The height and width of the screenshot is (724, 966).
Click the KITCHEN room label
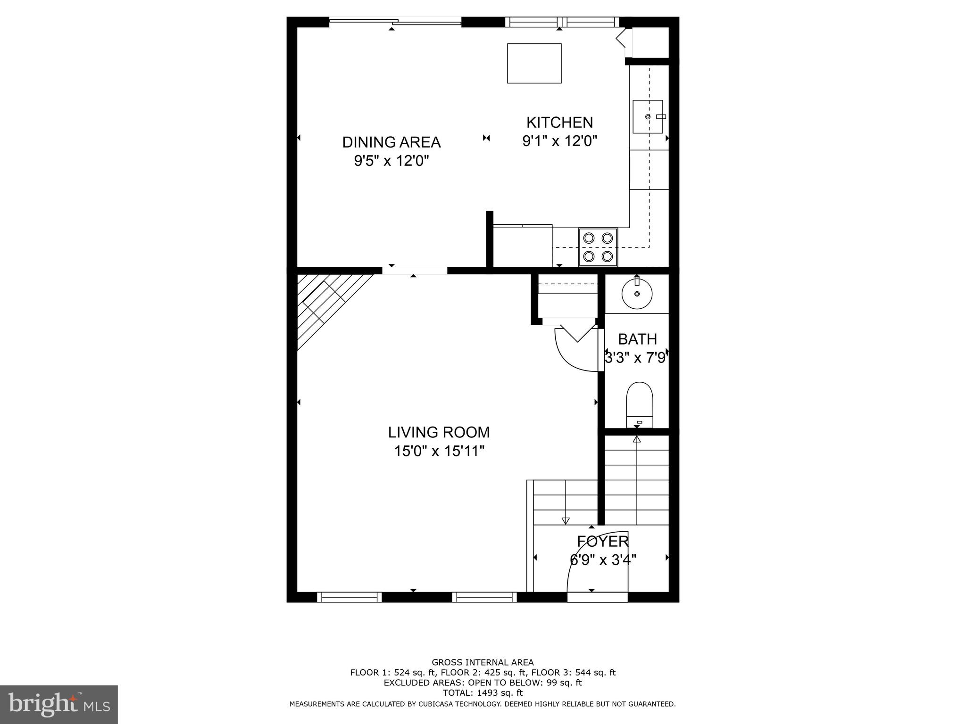click(559, 123)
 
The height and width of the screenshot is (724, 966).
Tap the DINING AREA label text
click(391, 142)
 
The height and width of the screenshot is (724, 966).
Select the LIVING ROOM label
click(439, 432)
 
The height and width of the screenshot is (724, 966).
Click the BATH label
click(637, 339)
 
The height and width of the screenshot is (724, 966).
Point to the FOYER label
click(603, 541)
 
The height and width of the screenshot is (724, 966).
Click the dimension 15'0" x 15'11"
click(439, 452)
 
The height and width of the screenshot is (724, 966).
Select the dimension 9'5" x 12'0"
click(391, 161)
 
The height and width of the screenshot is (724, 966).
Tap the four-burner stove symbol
click(598, 247)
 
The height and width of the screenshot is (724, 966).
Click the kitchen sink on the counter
click(648, 116)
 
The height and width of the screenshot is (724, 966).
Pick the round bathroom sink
click(637, 294)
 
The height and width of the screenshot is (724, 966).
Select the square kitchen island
click(534, 63)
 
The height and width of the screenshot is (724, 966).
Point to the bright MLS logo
click(58, 704)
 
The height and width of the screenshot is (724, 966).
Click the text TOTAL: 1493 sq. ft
click(483, 693)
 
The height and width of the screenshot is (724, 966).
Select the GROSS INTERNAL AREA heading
click(483, 662)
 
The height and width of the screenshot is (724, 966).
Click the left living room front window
click(349, 597)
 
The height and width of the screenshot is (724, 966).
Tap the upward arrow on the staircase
click(637, 440)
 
